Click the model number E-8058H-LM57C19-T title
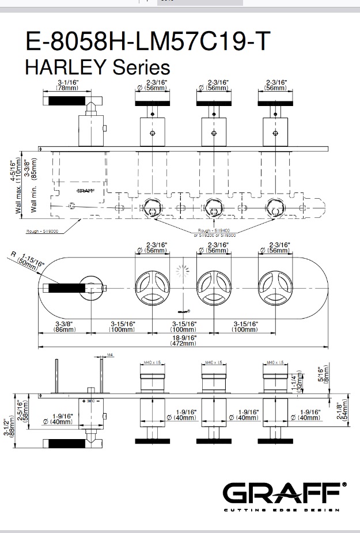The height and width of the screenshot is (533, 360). click(147, 41)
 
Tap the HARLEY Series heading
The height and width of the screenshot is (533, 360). click(98, 67)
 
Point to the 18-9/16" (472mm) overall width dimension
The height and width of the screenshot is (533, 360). click(183, 340)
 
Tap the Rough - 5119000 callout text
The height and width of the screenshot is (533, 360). click(42, 231)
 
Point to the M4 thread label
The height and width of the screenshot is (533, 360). click(110, 355)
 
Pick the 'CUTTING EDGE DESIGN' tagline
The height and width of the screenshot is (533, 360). click(282, 510)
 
